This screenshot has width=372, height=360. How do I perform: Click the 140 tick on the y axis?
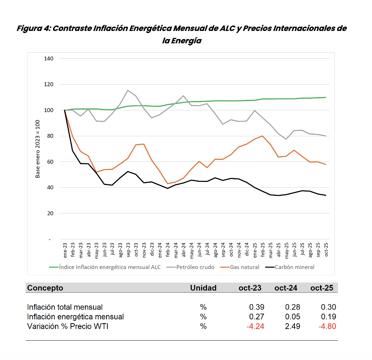(x=49, y=58)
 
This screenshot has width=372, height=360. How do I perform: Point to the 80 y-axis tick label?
(x=50, y=136)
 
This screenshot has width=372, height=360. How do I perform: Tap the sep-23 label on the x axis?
(x=128, y=250)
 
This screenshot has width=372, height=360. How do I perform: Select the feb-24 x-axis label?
(x=168, y=250)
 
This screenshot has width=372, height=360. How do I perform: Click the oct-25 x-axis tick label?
(x=326, y=250)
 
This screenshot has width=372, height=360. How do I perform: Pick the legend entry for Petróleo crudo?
(x=190, y=267)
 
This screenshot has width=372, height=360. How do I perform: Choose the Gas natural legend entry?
(x=239, y=267)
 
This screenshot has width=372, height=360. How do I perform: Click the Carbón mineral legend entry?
(x=290, y=267)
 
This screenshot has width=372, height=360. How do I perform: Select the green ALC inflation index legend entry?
(x=105, y=267)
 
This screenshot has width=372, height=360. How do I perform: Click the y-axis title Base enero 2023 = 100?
(x=38, y=149)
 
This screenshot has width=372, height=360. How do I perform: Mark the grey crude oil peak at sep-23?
(x=128, y=90)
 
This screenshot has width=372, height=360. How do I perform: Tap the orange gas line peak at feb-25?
(x=262, y=136)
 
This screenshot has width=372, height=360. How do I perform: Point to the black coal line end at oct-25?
(x=326, y=195)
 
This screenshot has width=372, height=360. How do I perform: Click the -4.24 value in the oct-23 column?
(x=255, y=326)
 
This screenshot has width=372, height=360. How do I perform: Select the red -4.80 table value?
(x=327, y=326)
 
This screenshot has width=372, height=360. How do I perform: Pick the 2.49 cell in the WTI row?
(x=293, y=326)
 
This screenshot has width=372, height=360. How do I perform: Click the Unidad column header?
(x=203, y=288)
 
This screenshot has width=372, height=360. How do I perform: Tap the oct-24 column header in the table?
(x=286, y=288)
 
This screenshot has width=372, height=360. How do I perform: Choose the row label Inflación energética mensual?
(x=76, y=317)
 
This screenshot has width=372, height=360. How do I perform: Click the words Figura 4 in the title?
(x=33, y=28)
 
